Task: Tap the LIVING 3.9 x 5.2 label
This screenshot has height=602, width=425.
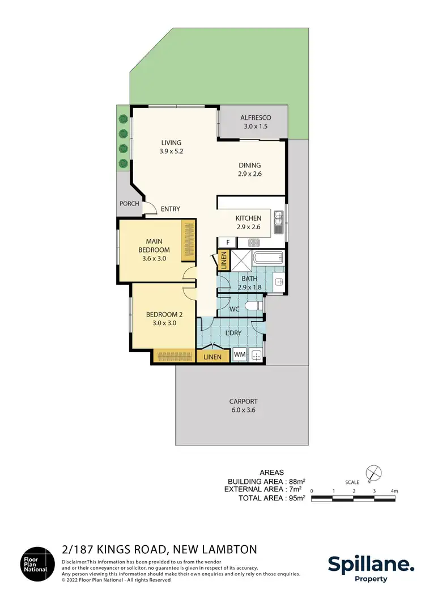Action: (x=171, y=147)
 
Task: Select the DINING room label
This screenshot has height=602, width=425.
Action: (x=249, y=170)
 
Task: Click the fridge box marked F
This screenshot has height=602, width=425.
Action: (x=227, y=242)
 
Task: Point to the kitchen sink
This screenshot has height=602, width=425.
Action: (x=278, y=222)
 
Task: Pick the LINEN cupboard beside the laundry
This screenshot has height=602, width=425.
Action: (x=212, y=357)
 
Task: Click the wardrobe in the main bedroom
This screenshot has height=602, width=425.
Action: (x=188, y=241)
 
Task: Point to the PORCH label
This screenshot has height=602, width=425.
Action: (x=129, y=204)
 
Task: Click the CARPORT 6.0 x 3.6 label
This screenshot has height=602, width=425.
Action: (x=243, y=405)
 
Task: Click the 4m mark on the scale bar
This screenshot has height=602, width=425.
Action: (x=394, y=490)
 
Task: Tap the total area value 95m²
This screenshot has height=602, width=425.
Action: (x=297, y=498)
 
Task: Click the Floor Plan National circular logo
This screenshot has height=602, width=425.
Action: (x=37, y=563)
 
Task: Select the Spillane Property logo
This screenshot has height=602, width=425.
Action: (x=371, y=567)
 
